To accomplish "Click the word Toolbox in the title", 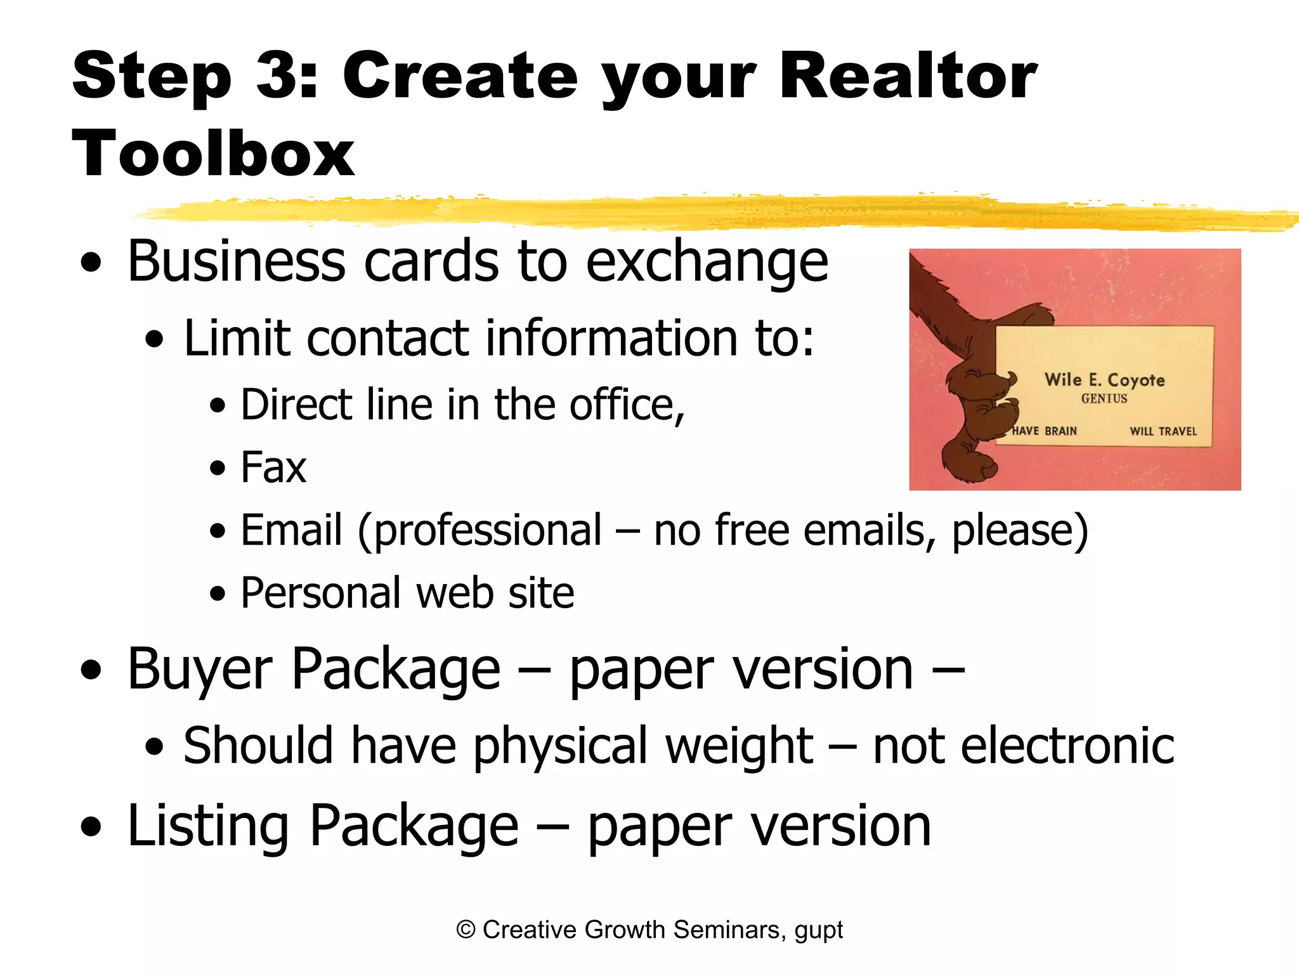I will tap(213, 154).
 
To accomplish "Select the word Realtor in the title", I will tap(908, 76).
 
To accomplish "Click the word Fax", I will tap(273, 467).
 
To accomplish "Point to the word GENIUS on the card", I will tap(1104, 399).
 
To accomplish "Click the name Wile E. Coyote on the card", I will tap(1104, 380).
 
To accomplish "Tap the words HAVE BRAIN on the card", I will tap(1044, 431).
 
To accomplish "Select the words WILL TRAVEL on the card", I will tap(1163, 431).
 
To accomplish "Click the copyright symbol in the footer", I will tap(466, 930).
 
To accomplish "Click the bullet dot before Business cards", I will tap(91, 263).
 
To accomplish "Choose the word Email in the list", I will tap(291, 530).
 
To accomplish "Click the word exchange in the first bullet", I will tap(707, 263).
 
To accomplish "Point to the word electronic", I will tap(1023, 746).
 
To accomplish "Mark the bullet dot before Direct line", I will tap(218, 406).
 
